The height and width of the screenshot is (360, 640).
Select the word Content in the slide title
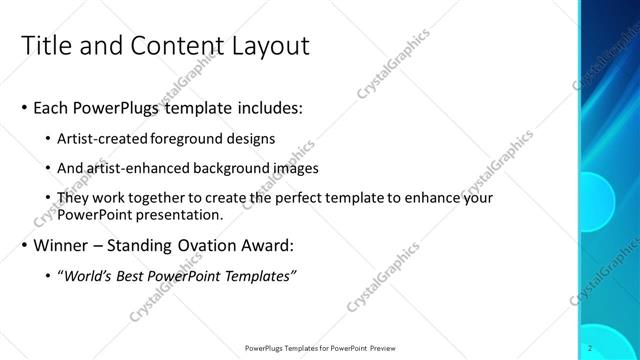click(x=165, y=46)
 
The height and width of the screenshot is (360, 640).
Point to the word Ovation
click(x=217, y=245)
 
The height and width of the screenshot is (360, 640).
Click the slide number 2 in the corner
click(x=592, y=348)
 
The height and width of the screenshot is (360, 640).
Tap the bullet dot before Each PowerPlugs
click(x=24, y=108)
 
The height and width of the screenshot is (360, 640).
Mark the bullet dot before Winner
click(x=24, y=246)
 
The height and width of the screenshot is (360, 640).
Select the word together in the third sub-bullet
click(x=158, y=198)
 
